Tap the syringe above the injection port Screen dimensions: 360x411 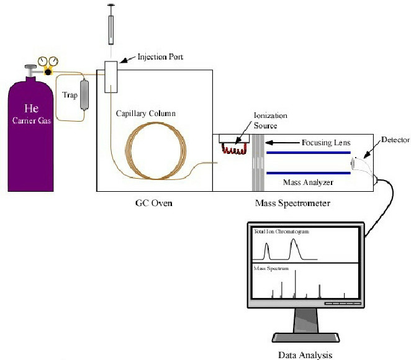(112, 28)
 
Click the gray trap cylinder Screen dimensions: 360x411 (84, 95)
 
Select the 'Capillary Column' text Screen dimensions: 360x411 (146, 114)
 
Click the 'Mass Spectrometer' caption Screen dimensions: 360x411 (289, 203)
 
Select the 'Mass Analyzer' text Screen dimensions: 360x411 (308, 182)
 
